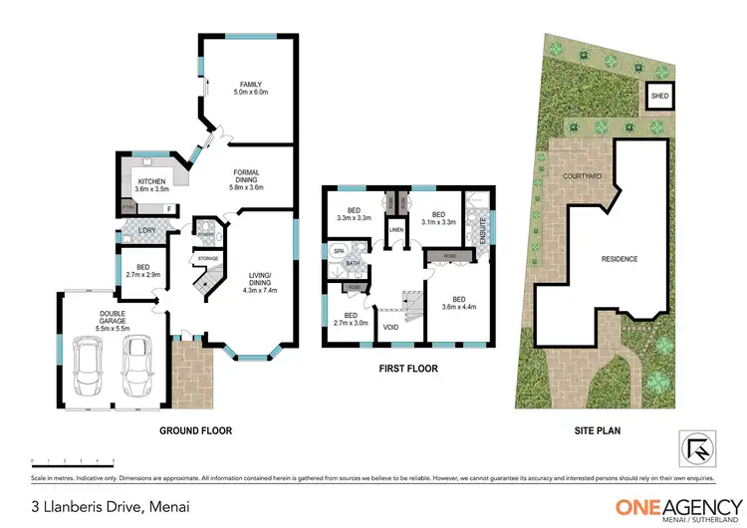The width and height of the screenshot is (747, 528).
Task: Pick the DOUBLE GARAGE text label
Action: coord(88,323)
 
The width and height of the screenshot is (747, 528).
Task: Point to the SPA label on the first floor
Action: coord(338,251)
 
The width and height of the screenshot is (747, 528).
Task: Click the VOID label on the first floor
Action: coord(390,326)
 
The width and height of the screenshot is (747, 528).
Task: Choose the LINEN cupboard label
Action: coord(395,230)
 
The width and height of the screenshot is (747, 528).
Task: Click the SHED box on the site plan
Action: coord(658,97)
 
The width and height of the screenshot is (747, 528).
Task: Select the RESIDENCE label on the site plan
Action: coord(619,259)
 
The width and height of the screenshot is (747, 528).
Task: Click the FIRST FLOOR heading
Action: coord(407,368)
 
